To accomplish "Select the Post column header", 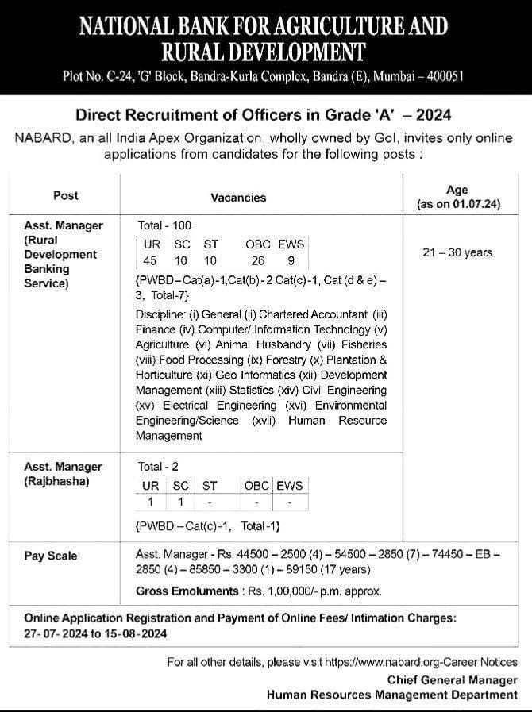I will point(66,195).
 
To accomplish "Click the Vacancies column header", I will point(238,197).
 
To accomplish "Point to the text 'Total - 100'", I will point(164,225).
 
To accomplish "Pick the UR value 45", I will point(150,260).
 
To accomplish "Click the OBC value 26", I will point(257,260).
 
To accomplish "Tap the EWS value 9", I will point(291,260).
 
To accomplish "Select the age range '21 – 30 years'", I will point(457,252).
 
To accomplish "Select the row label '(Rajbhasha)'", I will point(56,481).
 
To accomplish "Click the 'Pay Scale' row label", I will point(51,556).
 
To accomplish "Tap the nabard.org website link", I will point(421,661).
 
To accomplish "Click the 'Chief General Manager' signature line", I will point(453,679).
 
